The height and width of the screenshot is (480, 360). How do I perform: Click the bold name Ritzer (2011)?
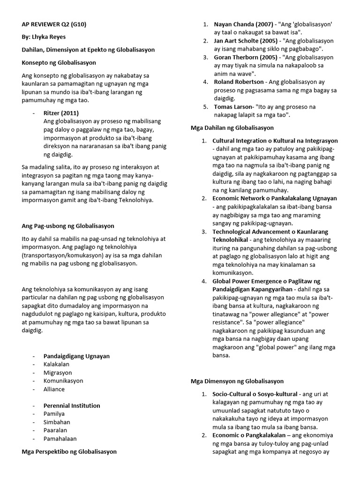tap(61, 113)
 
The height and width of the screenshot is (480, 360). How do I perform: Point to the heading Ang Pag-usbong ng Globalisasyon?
tap(68, 226)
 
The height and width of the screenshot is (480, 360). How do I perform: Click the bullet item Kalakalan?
tap(56, 364)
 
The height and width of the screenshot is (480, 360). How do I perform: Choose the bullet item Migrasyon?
tap(57, 373)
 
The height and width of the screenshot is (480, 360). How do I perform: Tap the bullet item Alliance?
tap(54, 389)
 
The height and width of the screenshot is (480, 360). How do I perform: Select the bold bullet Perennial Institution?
tap(72, 406)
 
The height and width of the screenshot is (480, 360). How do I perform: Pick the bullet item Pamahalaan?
tap(60, 439)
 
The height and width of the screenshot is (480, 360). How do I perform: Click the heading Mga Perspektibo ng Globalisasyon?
tap(69, 452)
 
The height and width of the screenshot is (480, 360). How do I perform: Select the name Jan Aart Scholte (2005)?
tap(245, 41)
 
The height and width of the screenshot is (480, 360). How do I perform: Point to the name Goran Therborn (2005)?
tap(245, 57)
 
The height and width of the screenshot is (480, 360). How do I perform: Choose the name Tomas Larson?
tap(232, 107)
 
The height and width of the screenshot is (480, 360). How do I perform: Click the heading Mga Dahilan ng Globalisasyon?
tap(232, 127)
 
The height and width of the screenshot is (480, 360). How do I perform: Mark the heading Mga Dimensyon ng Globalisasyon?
tap(237, 382)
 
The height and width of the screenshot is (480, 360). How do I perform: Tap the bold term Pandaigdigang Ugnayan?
tap(76, 356)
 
